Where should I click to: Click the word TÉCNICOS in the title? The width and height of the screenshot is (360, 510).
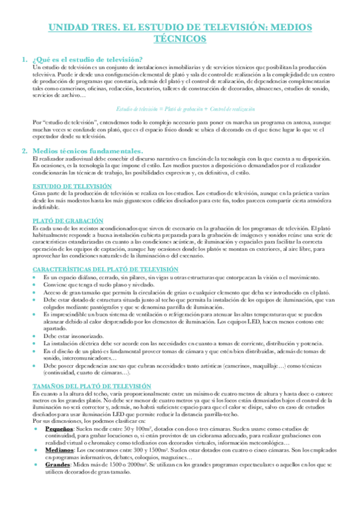pos(180,39)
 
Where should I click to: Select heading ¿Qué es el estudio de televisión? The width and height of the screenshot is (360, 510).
pos(87,59)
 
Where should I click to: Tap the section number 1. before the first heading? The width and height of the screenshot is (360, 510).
pos(25,59)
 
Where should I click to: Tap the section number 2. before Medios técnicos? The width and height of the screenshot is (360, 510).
pos(25,150)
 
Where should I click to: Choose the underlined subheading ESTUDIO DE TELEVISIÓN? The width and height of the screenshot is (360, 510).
pos(72,186)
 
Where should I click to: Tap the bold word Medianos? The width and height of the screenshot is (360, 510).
pos(58,449)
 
